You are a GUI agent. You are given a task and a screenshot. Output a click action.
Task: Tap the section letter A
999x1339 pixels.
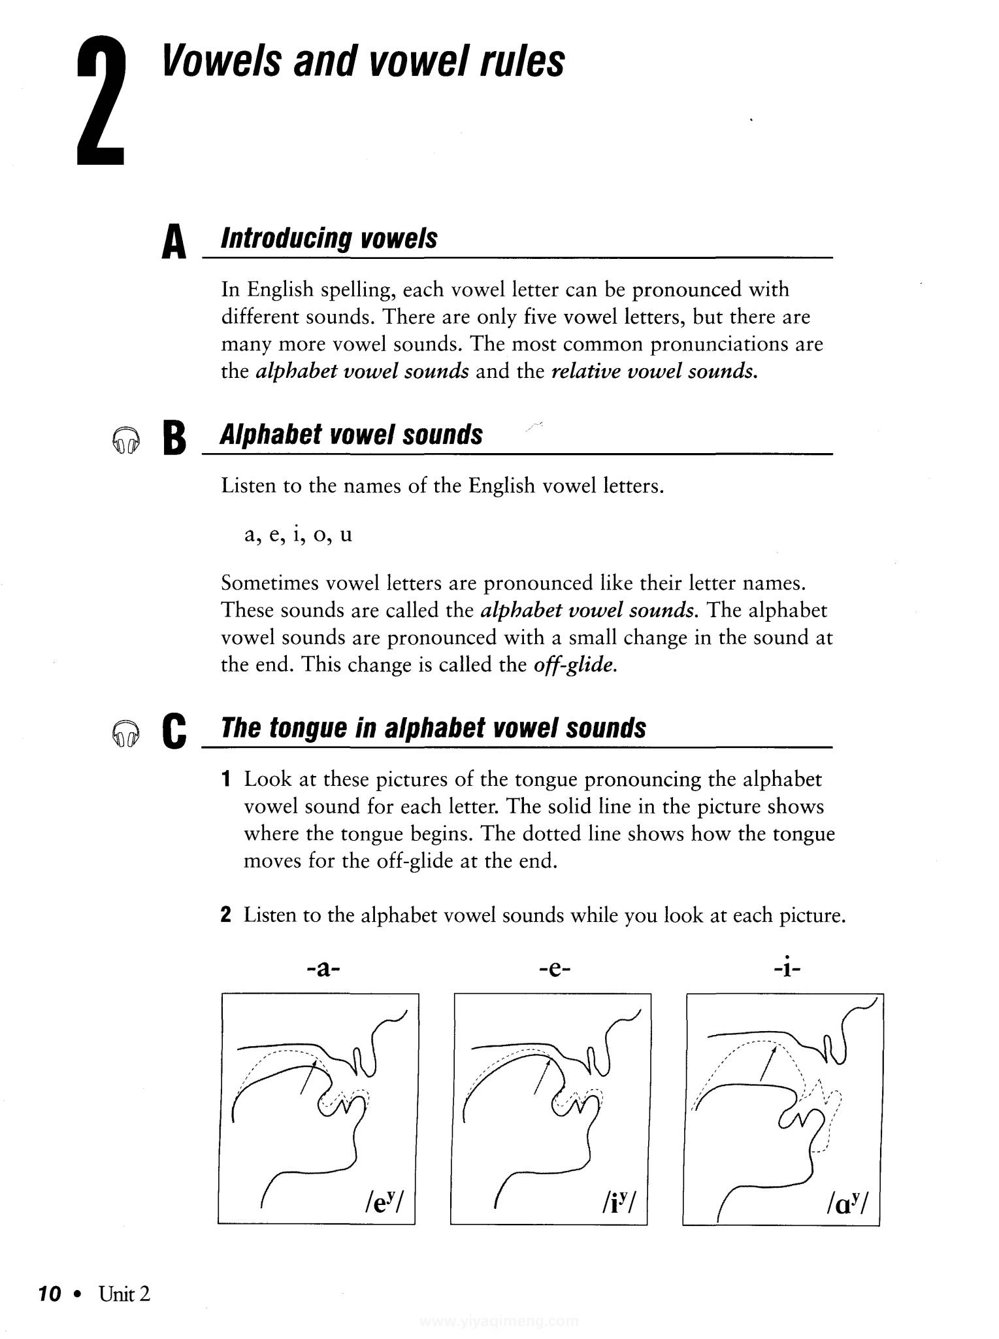click(x=174, y=242)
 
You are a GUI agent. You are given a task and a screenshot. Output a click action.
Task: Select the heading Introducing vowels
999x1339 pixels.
click(x=329, y=239)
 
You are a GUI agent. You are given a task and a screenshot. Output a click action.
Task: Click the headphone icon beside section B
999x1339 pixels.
click(x=125, y=440)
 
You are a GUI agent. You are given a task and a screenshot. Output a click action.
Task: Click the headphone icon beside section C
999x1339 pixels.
click(x=125, y=734)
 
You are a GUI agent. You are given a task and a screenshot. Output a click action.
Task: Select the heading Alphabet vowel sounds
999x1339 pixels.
click(x=351, y=435)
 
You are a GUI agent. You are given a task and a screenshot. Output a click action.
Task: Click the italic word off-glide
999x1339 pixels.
click(x=575, y=665)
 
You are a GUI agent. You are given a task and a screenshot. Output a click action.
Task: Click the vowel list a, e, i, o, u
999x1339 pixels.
click(x=298, y=535)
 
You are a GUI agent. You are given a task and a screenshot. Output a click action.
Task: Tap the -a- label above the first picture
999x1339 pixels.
click(x=323, y=968)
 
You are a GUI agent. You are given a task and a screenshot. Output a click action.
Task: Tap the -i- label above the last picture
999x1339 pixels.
click(x=787, y=967)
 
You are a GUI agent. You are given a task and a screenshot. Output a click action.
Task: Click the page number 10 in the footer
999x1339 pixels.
click(x=50, y=1293)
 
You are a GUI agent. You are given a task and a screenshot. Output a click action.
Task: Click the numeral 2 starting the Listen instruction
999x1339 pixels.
click(x=226, y=915)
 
